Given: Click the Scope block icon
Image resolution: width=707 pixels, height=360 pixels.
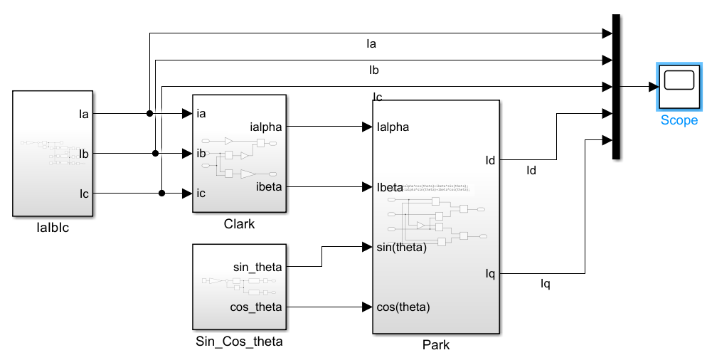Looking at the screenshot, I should (679, 86).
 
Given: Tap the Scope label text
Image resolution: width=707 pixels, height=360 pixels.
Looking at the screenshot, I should (679, 120).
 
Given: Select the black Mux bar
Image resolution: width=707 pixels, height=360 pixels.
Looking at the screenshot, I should (617, 87).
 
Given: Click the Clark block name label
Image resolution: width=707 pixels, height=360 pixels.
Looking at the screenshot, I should (238, 224).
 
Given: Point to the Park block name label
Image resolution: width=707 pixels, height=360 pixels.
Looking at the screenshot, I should (435, 346).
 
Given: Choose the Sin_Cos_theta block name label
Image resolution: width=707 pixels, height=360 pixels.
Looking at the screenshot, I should (239, 342).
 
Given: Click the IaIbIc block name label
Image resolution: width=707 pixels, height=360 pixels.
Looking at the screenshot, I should (53, 228).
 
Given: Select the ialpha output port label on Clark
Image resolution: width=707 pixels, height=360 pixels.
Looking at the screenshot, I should (266, 127).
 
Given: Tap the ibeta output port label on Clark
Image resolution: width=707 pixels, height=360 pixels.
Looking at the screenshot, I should (269, 188).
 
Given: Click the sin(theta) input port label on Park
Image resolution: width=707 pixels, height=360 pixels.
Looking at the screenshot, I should (401, 248).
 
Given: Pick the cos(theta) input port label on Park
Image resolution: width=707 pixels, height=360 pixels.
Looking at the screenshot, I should (403, 307).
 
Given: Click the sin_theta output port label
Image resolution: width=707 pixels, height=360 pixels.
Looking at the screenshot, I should (257, 267).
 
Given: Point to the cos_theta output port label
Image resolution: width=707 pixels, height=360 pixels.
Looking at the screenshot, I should (257, 307).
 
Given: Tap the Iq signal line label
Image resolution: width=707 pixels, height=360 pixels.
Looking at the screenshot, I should (546, 285).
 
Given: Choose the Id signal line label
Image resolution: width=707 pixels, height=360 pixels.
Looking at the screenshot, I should (531, 170).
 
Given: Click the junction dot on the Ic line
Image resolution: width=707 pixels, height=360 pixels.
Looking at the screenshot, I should (162, 193).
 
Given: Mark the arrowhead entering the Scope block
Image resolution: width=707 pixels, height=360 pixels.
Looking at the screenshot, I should (653, 87).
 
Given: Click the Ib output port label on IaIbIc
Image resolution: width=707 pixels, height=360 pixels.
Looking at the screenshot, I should (83, 153).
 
